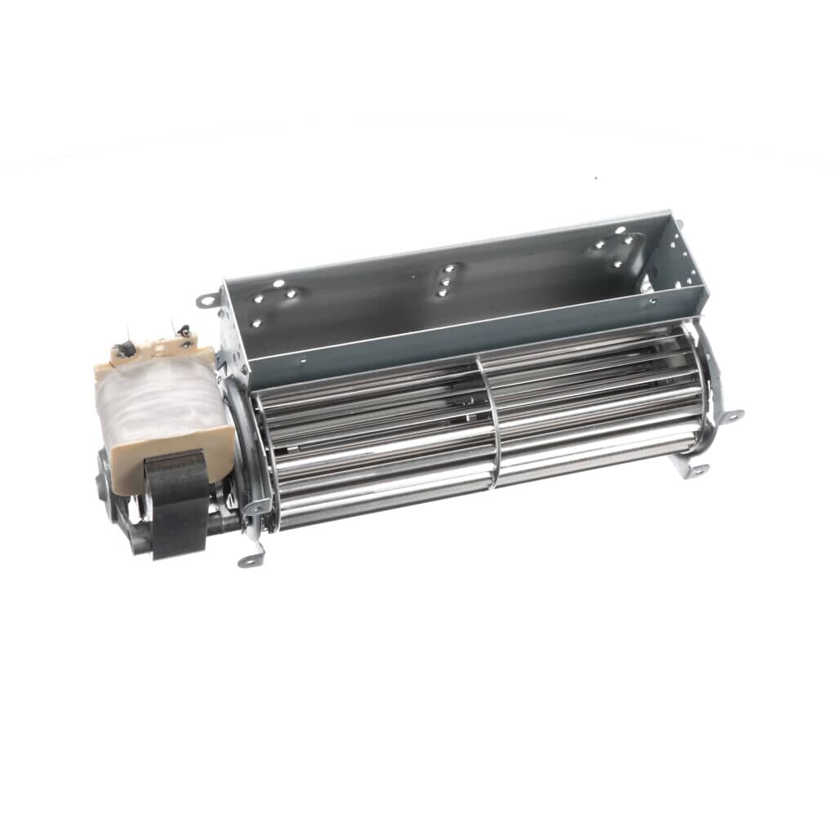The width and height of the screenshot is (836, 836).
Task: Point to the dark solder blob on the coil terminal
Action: click(x=126, y=349)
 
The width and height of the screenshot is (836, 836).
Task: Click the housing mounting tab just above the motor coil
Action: click(x=206, y=300)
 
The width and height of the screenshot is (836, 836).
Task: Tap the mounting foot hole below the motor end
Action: click(x=248, y=561)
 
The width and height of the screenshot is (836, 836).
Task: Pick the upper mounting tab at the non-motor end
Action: click(x=732, y=416)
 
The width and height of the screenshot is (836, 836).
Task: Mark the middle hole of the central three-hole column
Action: click(x=445, y=282)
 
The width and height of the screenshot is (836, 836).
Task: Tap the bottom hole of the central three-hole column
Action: click(x=442, y=293)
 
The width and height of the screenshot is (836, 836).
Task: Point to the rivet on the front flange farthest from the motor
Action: click(x=652, y=301)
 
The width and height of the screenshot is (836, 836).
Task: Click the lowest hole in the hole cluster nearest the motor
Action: click(x=256, y=322)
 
